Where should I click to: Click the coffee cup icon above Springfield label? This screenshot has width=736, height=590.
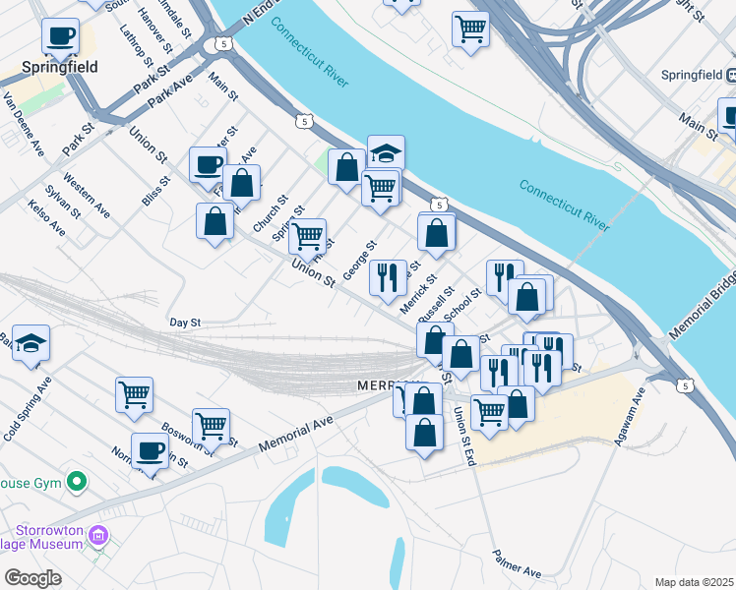pyautogui.click(x=60, y=36)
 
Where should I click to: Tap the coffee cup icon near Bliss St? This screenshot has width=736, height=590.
pyautogui.click(x=208, y=164)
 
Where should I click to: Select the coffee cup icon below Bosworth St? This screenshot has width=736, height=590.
pyautogui.click(x=150, y=450)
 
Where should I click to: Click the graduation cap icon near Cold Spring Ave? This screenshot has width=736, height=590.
pyautogui.click(x=31, y=342)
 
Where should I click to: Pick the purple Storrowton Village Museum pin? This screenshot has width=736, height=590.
pyautogui.click(x=97, y=536)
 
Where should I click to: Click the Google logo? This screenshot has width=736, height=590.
pyautogui.click(x=32, y=578)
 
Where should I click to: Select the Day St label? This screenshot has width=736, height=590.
pyautogui.click(x=185, y=322)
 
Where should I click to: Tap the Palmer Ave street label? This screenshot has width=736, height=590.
pyautogui.click(x=518, y=563)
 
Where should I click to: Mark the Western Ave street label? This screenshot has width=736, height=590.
pyautogui.click(x=87, y=195)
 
